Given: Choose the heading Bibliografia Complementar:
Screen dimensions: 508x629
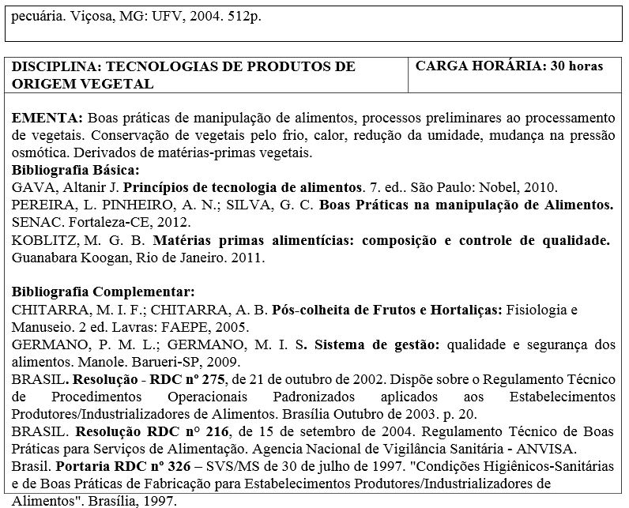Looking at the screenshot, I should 98,292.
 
